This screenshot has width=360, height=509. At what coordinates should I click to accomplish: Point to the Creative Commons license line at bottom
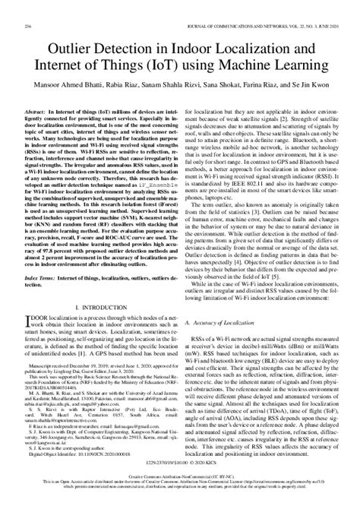point(180,494)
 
